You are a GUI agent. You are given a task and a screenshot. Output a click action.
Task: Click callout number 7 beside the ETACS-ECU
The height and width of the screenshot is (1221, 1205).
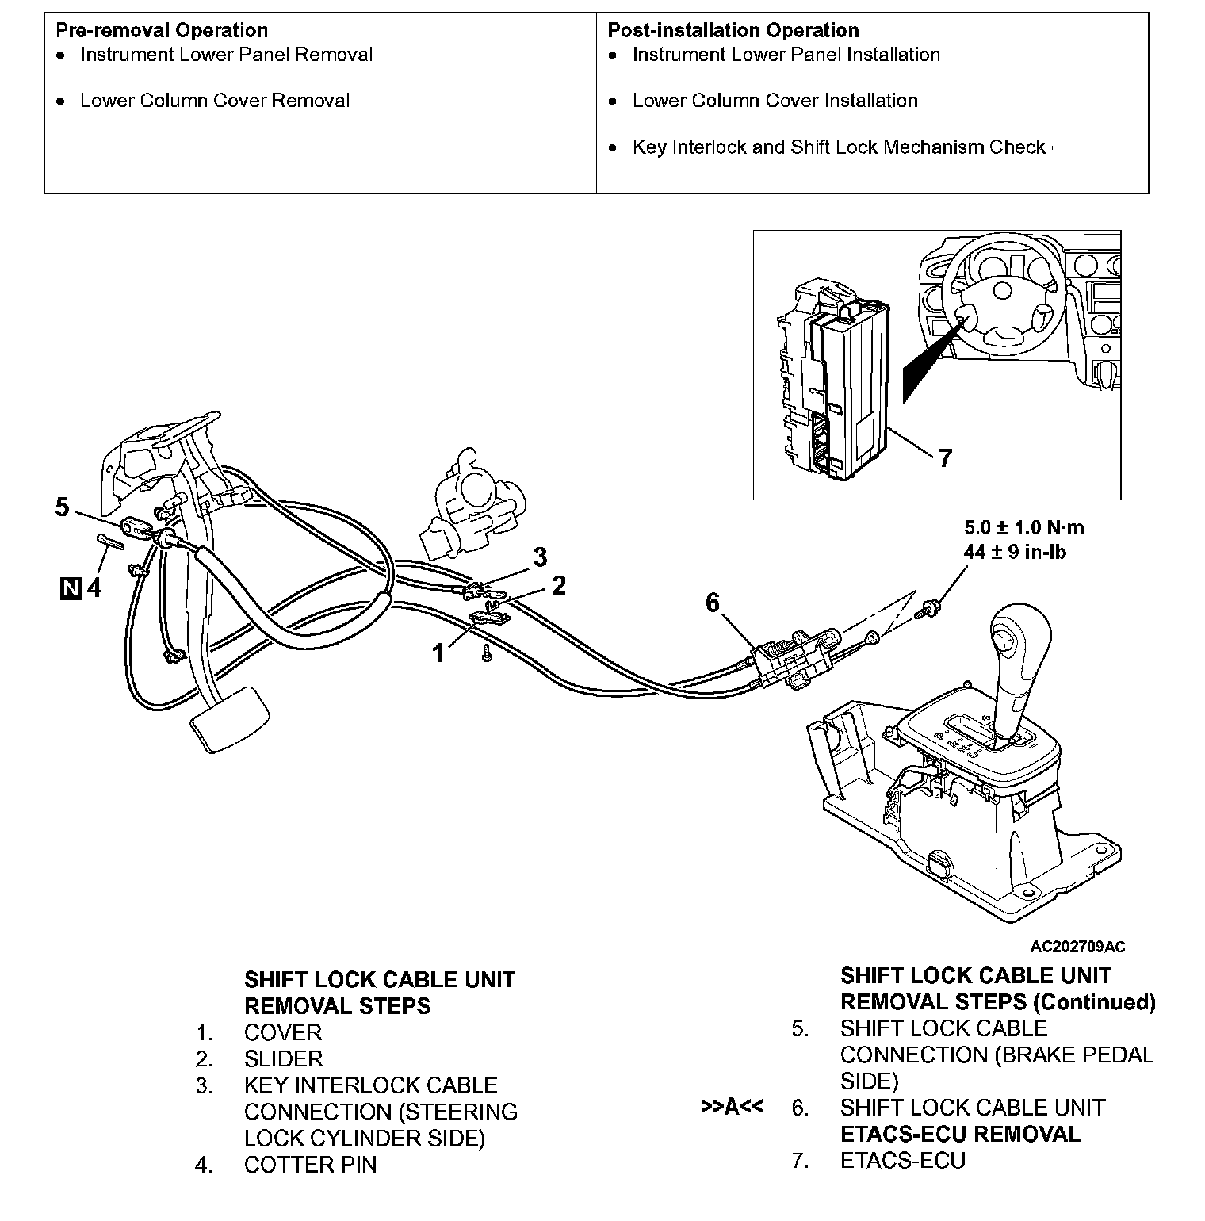tap(944, 457)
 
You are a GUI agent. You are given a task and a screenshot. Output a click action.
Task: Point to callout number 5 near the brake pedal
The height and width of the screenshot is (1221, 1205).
tap(63, 506)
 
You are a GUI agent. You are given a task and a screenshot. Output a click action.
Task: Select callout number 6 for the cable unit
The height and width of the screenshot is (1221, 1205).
tap(713, 603)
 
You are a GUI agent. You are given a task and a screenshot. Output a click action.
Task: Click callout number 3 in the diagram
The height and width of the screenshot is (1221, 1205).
tap(540, 557)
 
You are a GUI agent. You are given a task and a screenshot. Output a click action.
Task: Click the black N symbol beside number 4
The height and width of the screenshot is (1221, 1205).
tap(71, 588)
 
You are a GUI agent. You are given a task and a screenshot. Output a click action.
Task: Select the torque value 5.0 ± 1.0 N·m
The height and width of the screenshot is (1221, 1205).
tap(1023, 527)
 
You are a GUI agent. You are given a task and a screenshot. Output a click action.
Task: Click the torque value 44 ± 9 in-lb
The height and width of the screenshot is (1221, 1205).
tap(1015, 552)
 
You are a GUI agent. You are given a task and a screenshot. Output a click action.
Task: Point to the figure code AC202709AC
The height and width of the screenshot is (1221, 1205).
tap(1077, 946)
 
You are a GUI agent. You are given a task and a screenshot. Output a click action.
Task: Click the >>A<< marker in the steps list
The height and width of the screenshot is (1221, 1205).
tap(732, 1106)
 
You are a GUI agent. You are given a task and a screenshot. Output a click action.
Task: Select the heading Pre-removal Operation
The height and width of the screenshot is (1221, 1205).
tap(162, 30)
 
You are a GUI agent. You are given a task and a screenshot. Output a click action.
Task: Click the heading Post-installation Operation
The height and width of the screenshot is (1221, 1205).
tap(733, 30)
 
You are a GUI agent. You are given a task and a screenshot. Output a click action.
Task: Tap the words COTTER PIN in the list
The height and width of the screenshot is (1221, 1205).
tap(310, 1165)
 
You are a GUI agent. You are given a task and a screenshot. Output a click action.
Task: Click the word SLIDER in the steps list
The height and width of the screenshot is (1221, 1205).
tap(283, 1058)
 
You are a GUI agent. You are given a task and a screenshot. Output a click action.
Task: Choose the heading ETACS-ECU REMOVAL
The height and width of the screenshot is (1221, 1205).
tap(959, 1134)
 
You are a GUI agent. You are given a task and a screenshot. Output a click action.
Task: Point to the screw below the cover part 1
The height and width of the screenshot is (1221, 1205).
tap(486, 654)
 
